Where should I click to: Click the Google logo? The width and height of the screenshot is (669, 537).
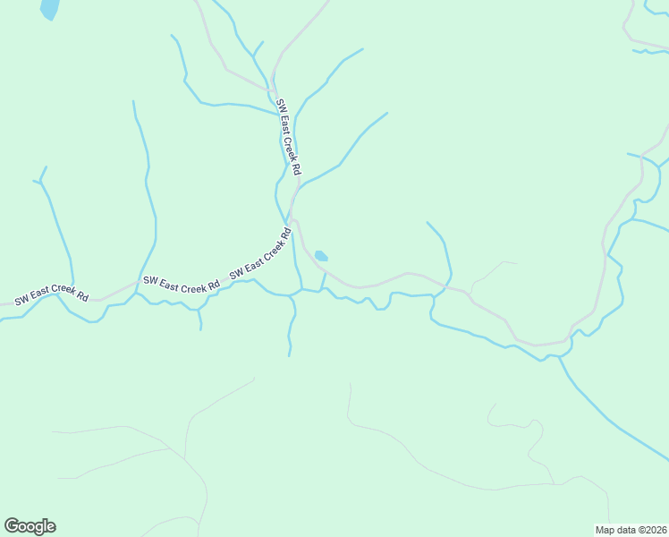tap(30, 526)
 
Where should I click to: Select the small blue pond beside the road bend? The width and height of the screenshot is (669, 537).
tap(321, 256)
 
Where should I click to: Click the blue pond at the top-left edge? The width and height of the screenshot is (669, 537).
tap(50, 8)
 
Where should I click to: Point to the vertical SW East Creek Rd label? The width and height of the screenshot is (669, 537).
tap(289, 137)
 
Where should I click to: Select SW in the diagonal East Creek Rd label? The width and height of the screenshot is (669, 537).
tap(236, 272)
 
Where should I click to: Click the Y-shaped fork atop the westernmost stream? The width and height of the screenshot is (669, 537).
tap(41, 180)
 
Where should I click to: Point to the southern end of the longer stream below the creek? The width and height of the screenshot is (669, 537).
tap(289, 355)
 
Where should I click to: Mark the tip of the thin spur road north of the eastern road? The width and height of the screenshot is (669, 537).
tap(516, 263)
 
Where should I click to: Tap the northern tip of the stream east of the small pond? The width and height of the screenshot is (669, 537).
tap(428, 222)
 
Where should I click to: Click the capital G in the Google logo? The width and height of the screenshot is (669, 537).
tap(12, 526)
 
